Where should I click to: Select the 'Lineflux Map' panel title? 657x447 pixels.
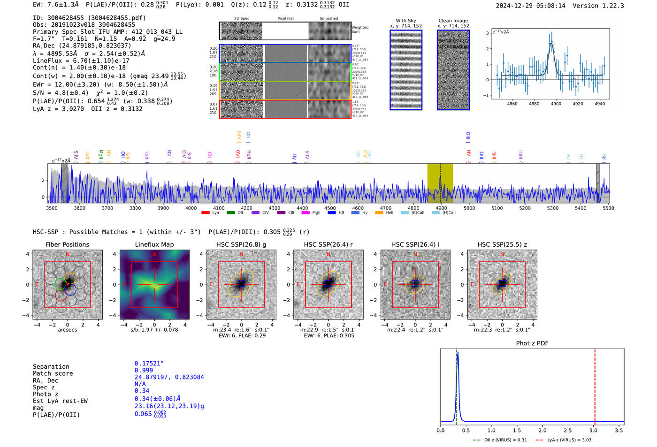pos(154,244)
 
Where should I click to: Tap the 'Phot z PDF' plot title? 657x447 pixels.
pos(532,343)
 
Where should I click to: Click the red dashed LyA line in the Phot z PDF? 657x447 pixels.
pos(595,385)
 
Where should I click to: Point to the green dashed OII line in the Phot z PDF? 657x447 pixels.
pos(456,385)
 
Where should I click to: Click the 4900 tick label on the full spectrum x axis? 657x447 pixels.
pos(441,208)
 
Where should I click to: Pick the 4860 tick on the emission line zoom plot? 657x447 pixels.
pos(512,104)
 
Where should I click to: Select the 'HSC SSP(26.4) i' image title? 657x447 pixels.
pos(415,244)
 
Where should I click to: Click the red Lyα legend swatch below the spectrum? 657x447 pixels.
pos(205,213)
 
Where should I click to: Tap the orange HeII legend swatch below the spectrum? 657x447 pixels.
pos(379,213)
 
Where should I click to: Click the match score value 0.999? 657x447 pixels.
pos(144,370)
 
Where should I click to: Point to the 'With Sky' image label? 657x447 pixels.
pos(406,21)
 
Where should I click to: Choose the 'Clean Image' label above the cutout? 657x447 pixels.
pos(453,21)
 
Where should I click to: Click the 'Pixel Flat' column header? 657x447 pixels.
pos(285,19)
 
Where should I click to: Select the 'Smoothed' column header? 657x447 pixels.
pos(328,19)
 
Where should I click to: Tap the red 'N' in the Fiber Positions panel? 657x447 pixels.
pos(68,254)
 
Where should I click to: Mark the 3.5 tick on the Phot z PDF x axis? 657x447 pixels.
pos(619,430)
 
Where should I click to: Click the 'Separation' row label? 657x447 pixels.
pos(51,366)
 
